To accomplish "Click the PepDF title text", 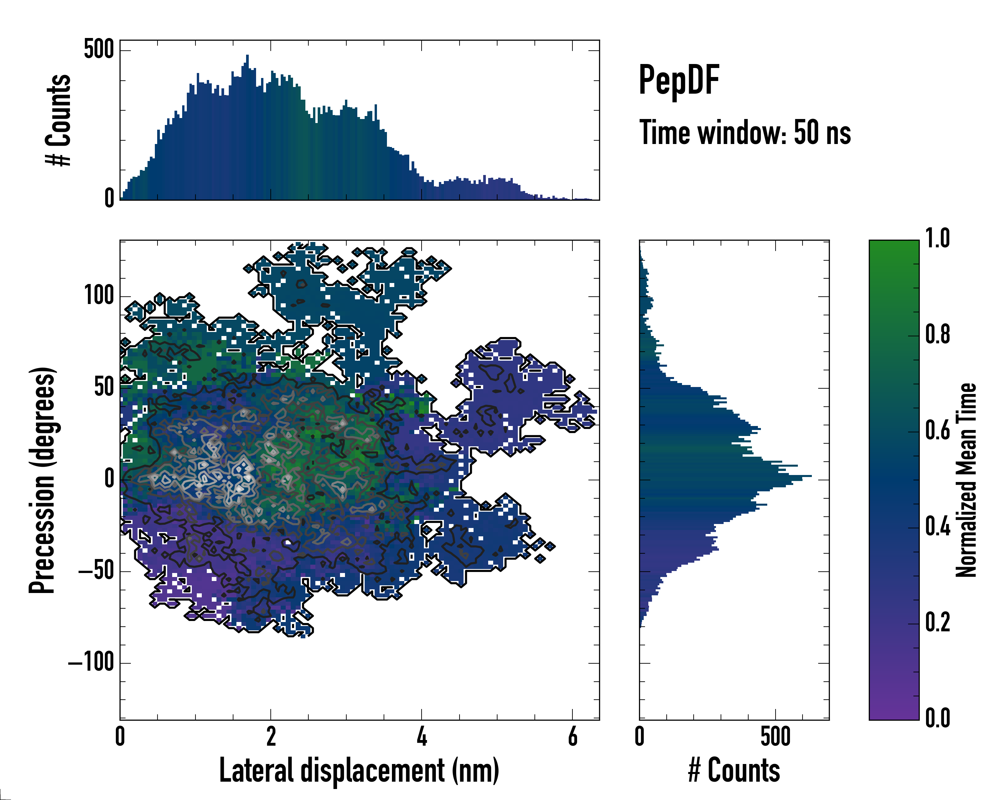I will pyautogui.click(x=679, y=80).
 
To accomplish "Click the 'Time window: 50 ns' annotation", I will pyautogui.click(x=745, y=133).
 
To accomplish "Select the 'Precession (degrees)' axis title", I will pyautogui.click(x=43, y=480).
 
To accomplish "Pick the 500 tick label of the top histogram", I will pyautogui.click(x=99, y=49).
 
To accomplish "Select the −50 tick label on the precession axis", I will pyautogui.click(x=96, y=571).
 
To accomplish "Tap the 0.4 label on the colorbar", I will pyautogui.click(x=937, y=527).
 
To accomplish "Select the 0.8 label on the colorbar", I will pyautogui.click(x=937, y=335).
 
